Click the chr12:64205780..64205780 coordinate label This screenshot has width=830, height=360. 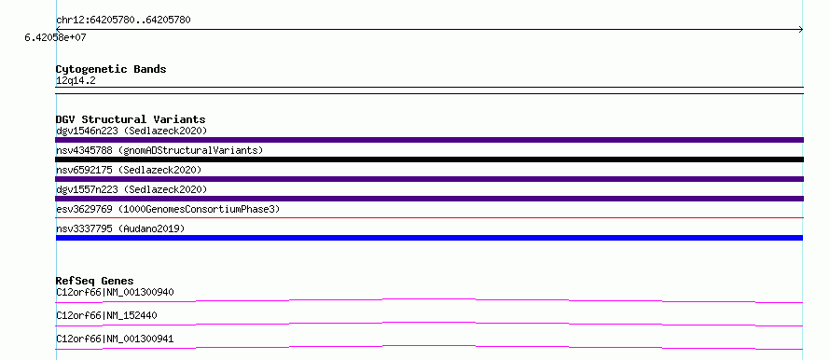coord(123,21)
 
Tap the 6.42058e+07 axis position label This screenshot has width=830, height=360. coord(56,38)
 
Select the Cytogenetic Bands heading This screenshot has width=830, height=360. coord(111,69)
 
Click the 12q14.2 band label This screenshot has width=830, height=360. coord(76,81)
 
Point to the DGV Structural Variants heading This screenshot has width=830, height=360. coord(131,119)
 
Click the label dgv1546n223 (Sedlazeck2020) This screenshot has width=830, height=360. coord(131,131)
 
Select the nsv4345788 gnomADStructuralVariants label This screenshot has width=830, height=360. coord(159,150)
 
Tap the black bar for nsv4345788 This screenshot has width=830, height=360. coord(429,159)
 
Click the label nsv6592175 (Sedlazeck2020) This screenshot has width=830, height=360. coord(129,170)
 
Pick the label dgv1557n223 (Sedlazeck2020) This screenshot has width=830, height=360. coord(131,189)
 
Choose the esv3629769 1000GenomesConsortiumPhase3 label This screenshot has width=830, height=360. coord(168,209)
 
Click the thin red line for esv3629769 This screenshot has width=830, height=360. coord(429,217)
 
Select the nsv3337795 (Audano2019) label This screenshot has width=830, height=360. coord(120,228)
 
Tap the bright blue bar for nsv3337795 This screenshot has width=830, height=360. coord(429,238)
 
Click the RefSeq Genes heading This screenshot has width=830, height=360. coord(95,281)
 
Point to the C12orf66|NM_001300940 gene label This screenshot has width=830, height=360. coord(115,292)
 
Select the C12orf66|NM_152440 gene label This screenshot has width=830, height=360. coord(106,315)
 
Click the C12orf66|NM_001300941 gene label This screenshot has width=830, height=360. coord(115,339)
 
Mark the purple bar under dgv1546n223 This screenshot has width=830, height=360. coord(429,140)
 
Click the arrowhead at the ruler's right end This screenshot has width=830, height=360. coord(801,30)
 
